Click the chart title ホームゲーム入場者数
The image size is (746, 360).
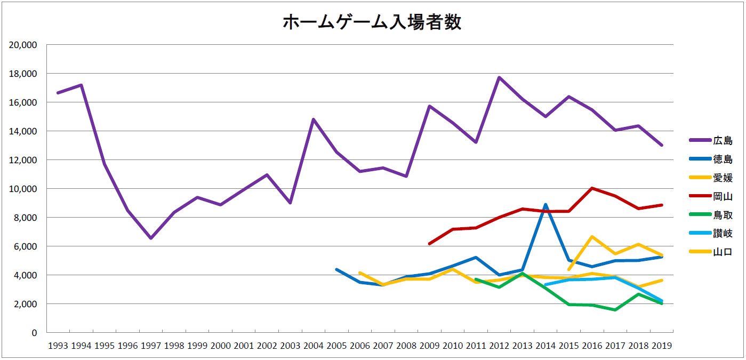(372, 23)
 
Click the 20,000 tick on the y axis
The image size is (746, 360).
(23, 45)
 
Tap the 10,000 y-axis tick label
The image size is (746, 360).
(23, 189)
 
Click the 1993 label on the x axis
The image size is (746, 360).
(58, 346)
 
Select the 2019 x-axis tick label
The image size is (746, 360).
(661, 346)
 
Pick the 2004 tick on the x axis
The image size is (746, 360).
(313, 346)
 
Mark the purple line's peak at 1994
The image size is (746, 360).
(81, 85)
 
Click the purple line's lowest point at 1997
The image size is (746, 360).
(151, 238)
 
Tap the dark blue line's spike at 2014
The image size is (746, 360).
(546, 204)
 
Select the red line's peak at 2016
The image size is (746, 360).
(592, 188)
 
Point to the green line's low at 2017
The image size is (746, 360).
(615, 310)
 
